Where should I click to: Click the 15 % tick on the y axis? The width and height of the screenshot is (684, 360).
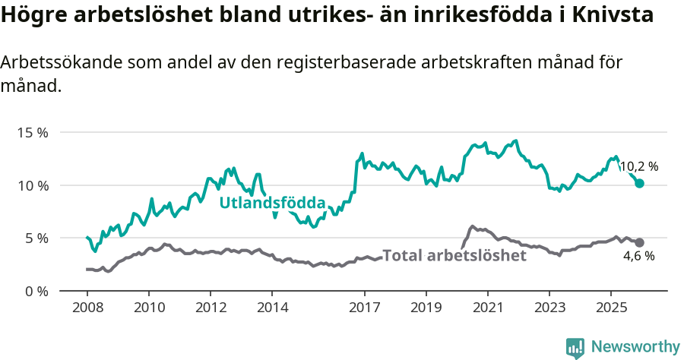[32, 132]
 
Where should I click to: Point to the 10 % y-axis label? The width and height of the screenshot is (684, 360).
[32, 185]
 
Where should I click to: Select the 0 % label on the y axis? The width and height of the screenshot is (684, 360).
[36, 291]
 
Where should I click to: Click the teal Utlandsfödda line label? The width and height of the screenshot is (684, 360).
[272, 203]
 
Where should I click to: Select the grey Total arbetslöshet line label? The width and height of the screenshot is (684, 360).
[454, 255]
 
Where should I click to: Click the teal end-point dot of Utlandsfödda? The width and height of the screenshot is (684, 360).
[639, 183]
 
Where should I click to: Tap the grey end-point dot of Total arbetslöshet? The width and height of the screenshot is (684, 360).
[639, 242]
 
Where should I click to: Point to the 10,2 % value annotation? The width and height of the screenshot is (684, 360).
[638, 166]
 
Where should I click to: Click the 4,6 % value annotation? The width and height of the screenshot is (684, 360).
[638, 257]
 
